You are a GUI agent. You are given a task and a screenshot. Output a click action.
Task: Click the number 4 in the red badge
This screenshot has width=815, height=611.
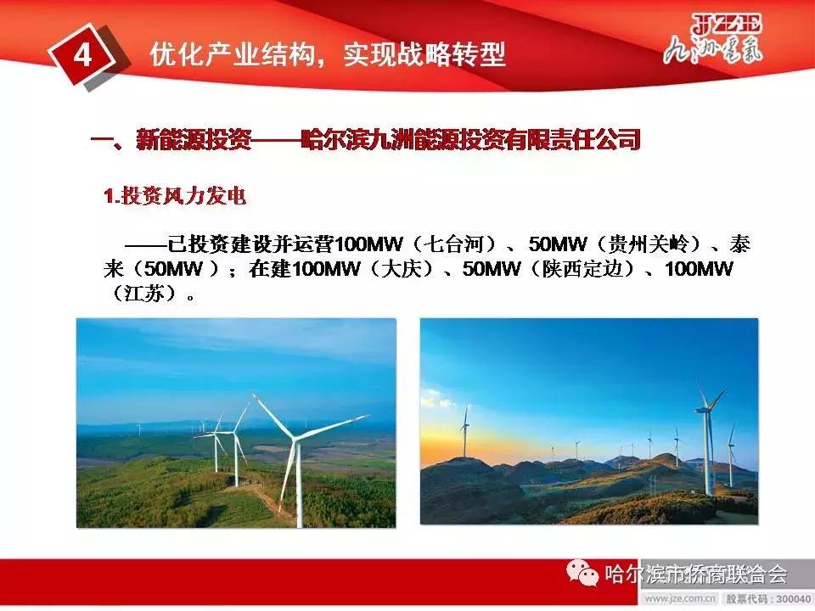(x=82, y=54)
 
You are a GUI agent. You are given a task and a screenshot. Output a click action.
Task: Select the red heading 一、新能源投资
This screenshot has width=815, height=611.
(x=171, y=139)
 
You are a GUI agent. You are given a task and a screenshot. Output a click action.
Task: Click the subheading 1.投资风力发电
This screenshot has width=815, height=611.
(x=175, y=196)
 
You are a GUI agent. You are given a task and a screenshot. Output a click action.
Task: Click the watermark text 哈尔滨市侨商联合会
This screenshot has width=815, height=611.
(x=695, y=575)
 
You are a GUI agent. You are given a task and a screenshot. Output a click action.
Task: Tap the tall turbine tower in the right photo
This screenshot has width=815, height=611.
(x=707, y=450)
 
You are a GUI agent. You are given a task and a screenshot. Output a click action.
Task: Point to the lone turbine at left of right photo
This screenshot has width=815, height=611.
(x=465, y=433)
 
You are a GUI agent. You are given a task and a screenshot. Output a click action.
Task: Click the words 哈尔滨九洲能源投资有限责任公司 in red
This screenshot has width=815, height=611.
(x=470, y=139)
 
